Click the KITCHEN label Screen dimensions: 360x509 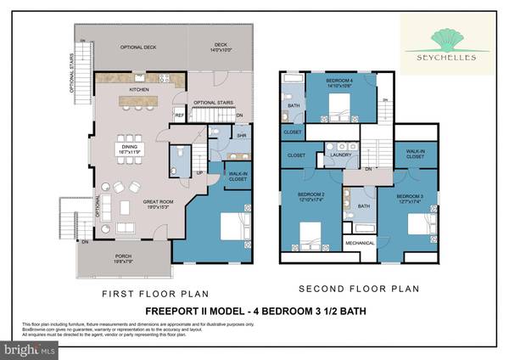(x=139, y=88)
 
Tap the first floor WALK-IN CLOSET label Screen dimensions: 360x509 (x=238, y=176)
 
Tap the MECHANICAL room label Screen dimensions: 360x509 (x=360, y=244)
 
